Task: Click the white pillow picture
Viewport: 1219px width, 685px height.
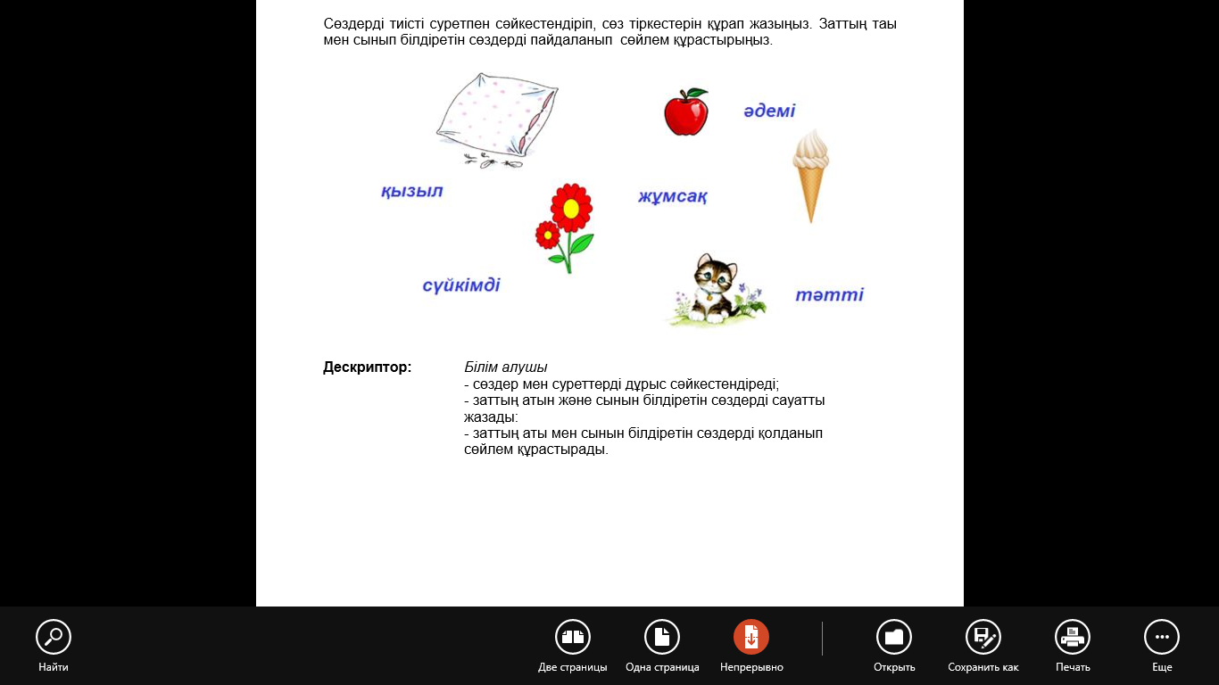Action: pos(495,118)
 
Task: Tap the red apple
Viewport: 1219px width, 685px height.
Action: pos(685,113)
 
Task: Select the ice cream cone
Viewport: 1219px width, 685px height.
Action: pos(810,173)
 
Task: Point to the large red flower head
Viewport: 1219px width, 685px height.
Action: pos(571,208)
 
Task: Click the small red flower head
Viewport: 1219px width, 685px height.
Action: pos(547,235)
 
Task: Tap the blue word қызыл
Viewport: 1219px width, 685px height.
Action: pos(411,191)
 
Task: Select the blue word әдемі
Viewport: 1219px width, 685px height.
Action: pos(769,111)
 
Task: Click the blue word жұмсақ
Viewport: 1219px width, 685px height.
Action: pos(673,196)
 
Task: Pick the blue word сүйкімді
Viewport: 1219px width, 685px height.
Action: pos(461,285)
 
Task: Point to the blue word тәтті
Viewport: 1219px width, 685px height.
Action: pos(829,294)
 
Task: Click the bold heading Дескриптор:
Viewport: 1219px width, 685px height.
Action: pos(368,367)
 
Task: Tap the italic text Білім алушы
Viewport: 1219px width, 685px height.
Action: pos(506,367)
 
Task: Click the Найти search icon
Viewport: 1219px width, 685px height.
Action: pos(54,637)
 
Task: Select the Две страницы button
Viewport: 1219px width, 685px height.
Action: pos(573,637)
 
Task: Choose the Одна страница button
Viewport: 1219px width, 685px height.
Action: pos(662,637)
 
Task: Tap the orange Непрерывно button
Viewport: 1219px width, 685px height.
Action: pos(751,637)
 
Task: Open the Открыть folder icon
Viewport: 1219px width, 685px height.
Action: pos(894,637)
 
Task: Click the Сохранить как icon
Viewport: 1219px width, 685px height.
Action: pos(983,637)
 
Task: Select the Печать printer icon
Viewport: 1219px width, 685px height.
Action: pos(1073,637)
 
